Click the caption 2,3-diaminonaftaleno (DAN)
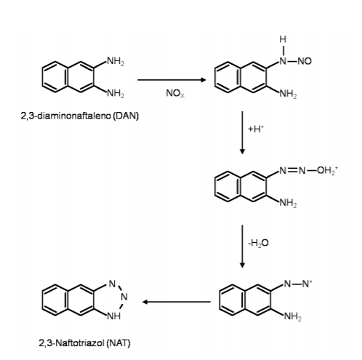[80, 116]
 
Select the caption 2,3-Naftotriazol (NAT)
[84, 343]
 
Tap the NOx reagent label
[175, 94]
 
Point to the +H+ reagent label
[256, 129]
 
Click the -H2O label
[258, 243]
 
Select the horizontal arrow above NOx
[172, 80]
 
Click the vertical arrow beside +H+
[242, 132]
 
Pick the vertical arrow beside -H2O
[242, 247]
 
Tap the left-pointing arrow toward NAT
[177, 302]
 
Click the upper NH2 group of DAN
[116, 61]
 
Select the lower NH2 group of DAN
[116, 93]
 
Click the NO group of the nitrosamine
[305, 61]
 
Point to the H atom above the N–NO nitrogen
[283, 39]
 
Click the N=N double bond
[292, 170]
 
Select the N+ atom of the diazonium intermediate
[307, 284]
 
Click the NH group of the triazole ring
[114, 316]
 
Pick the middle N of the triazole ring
[124, 297]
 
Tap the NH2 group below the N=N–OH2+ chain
[289, 203]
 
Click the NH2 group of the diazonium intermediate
[293, 316]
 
